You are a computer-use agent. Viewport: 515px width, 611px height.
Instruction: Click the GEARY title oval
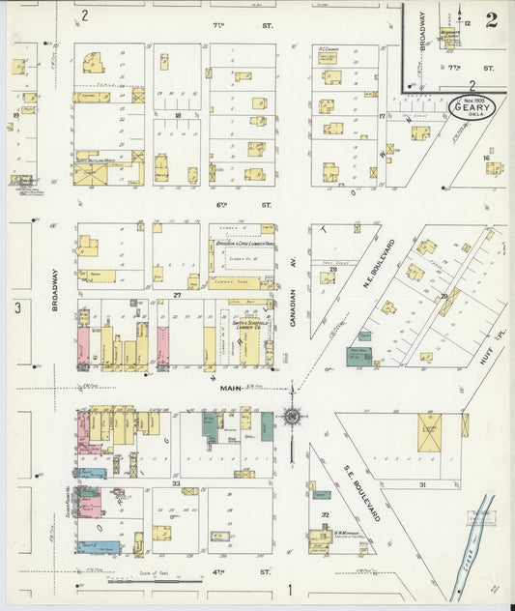[x=472, y=107]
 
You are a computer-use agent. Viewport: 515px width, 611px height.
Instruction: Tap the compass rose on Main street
[x=291, y=418]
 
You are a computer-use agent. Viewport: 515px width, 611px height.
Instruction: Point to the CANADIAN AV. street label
[x=293, y=302]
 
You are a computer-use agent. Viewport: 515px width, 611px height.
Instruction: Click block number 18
[x=178, y=115]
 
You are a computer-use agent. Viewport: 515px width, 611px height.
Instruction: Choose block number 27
[x=177, y=294]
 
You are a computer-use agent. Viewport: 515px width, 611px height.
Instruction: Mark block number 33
[x=177, y=482]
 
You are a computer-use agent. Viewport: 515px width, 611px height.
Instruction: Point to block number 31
[x=421, y=483]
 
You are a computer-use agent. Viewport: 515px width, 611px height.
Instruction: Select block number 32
[x=326, y=515]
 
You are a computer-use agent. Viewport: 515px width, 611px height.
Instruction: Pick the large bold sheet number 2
[x=491, y=18]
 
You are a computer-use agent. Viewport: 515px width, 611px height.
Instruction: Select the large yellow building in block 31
[x=429, y=433]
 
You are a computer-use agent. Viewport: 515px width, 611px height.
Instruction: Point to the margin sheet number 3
[x=17, y=307]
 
